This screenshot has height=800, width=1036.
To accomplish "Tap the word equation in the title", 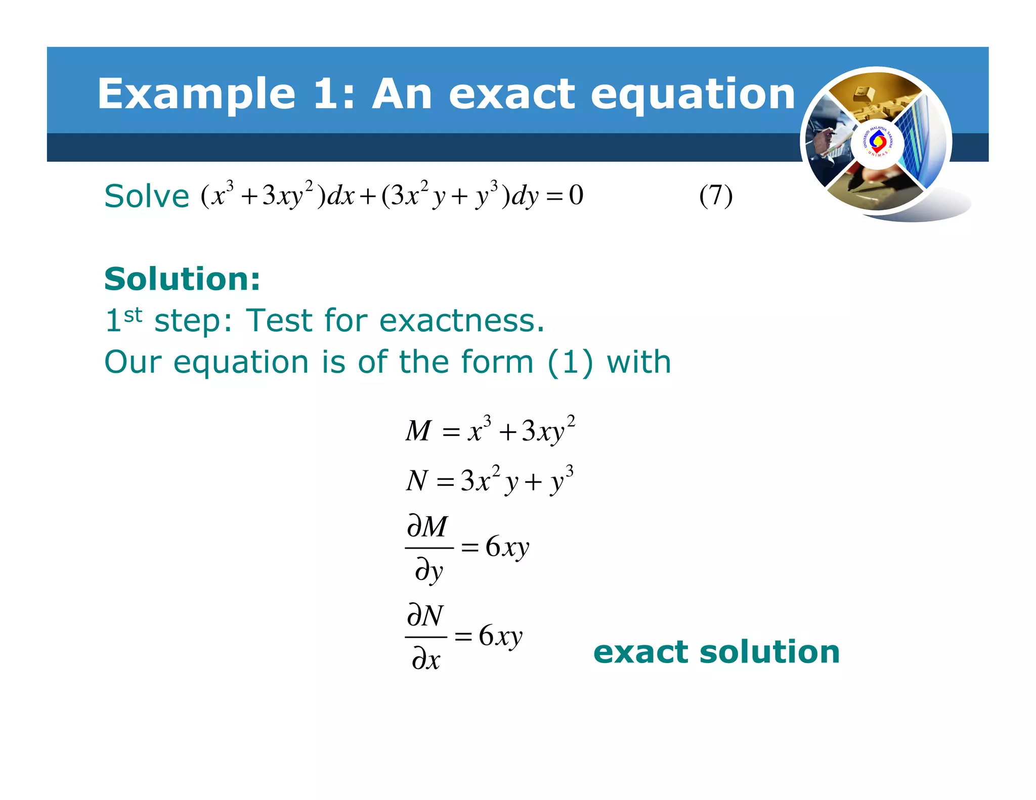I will pyautogui.click(x=693, y=95).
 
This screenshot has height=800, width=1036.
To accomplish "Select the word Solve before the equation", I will pyautogui.click(x=147, y=196).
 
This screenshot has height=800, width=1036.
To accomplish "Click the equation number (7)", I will pyautogui.click(x=716, y=196).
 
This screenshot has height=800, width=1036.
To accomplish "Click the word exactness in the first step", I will pyautogui.click(x=461, y=321).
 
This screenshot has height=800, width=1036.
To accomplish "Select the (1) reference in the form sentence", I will pyautogui.click(x=570, y=362).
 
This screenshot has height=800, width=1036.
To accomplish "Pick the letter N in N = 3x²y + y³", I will pyautogui.click(x=417, y=480).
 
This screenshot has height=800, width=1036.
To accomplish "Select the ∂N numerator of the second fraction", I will pyautogui.click(x=425, y=615).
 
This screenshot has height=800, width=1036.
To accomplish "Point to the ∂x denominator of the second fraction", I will pyautogui.click(x=426, y=659).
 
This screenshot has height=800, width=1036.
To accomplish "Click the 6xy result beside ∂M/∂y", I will pyautogui.click(x=507, y=547).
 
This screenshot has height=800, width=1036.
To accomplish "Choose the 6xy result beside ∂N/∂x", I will pyautogui.click(x=500, y=636).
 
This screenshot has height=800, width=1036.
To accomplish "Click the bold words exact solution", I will pyautogui.click(x=716, y=652).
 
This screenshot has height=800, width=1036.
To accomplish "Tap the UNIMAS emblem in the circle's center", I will pyautogui.click(x=878, y=142).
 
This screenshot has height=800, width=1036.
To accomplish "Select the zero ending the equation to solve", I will pyautogui.click(x=576, y=195).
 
